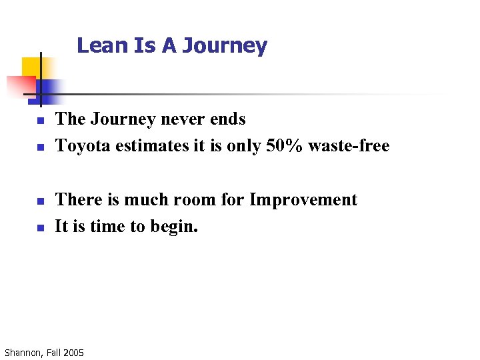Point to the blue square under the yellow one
pos(49,89)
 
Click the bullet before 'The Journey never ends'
pos(40,121)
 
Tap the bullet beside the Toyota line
pos(40,147)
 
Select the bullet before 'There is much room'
pos(40,201)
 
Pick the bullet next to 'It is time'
pos(40,227)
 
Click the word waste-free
pos(348,145)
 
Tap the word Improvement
pos(303,199)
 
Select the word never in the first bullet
pos(181,119)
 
